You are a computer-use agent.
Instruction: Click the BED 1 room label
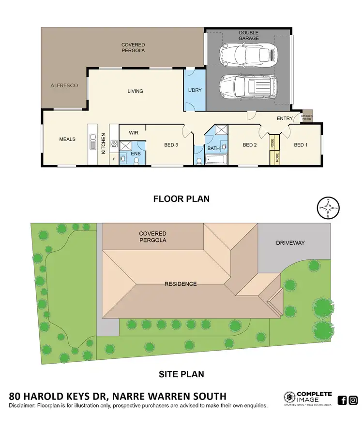[x=301, y=145]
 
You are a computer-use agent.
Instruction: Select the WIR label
[x=133, y=132]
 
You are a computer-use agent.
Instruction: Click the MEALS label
[x=67, y=139]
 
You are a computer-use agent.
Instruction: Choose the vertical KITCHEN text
[x=103, y=143]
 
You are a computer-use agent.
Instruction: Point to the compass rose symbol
[x=328, y=209]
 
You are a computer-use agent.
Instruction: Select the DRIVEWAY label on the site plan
[x=290, y=242]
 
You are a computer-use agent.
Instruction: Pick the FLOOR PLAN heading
[x=181, y=198]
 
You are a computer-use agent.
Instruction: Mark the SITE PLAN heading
[x=181, y=374]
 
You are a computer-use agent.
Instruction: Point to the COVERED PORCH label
[x=306, y=117]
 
